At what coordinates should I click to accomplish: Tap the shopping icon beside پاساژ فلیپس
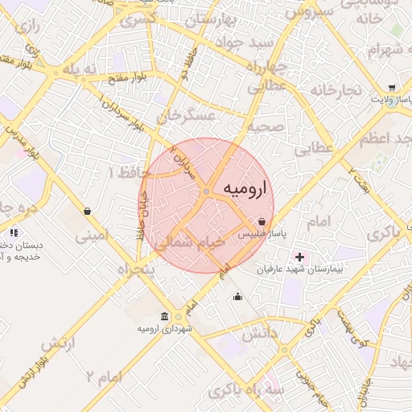(x=262, y=221)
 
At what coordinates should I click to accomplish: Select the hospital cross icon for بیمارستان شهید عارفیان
(x=300, y=257)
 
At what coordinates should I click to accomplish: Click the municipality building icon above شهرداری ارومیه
(x=164, y=315)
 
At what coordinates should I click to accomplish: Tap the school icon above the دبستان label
(x=12, y=233)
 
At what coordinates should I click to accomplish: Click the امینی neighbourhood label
(x=89, y=237)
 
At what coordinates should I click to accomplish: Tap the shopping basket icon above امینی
(x=86, y=212)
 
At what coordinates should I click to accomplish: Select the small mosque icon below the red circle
(x=237, y=297)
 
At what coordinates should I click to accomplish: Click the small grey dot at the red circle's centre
(x=207, y=191)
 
